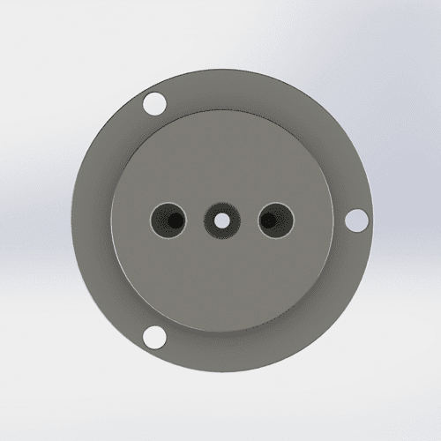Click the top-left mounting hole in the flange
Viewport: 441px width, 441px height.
[x=154, y=102]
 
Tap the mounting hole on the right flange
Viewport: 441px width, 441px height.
[x=356, y=219]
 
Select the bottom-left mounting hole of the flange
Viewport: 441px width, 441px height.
[x=154, y=336]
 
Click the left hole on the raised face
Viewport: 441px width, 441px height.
[x=167, y=220]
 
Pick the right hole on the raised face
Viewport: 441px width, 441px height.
[x=274, y=220]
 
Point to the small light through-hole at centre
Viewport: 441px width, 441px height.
[x=220, y=220]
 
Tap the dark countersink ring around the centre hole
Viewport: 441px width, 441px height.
[x=211, y=220]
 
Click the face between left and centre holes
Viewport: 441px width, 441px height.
[x=193, y=220]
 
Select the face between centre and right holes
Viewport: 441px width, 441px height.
[x=247, y=220]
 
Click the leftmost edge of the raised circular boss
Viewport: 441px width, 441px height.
[x=111, y=220]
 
